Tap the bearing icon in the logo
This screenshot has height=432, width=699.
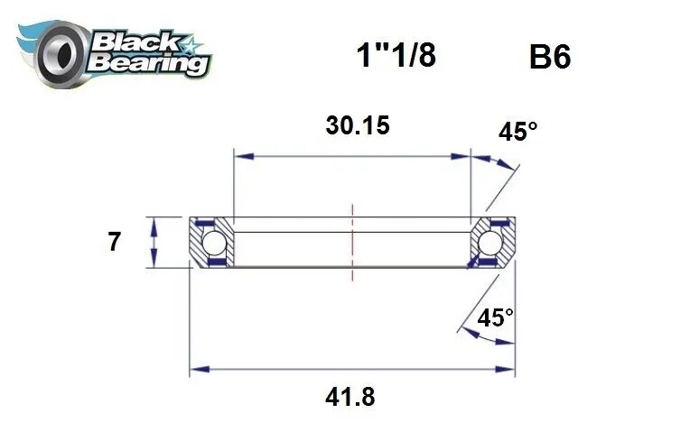coord(61,51)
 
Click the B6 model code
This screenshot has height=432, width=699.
coord(549,58)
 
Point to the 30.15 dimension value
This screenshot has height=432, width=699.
coord(358,125)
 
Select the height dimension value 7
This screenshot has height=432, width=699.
coord(115,242)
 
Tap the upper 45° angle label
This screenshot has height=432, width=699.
coord(517,132)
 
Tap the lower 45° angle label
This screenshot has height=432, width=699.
coord(495,317)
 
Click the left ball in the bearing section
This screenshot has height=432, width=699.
coord(213,243)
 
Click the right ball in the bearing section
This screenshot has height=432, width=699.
coord(490,243)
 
